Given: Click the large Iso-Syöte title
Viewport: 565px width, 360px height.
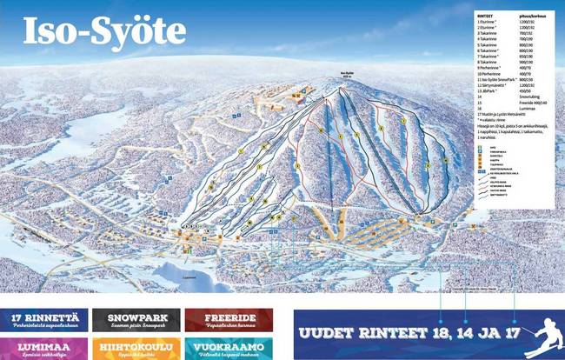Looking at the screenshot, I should (x=104, y=30).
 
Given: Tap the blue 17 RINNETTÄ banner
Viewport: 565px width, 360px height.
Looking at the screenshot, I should (x=43, y=319).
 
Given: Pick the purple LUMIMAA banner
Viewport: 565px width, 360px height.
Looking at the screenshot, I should (x=43, y=347).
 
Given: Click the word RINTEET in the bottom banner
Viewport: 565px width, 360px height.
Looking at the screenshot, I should (x=391, y=334).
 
